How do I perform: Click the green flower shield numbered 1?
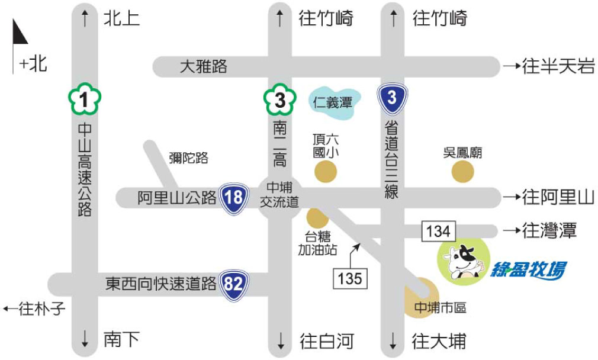click(x=84, y=100)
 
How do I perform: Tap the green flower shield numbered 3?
click(x=279, y=100)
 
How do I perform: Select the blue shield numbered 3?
click(x=392, y=98)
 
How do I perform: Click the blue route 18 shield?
click(x=234, y=197)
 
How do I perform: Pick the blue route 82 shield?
click(x=234, y=285)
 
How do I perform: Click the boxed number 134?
click(x=439, y=231)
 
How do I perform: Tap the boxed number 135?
click(x=350, y=277)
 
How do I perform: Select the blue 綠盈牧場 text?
click(x=528, y=270)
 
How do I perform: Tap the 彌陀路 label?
click(x=188, y=158)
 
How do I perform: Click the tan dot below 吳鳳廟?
click(x=462, y=172)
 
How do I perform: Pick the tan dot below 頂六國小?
click(x=325, y=172)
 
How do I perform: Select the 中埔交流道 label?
click(x=279, y=195)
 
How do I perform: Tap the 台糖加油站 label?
click(x=317, y=243)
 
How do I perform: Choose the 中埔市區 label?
click(x=440, y=308)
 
